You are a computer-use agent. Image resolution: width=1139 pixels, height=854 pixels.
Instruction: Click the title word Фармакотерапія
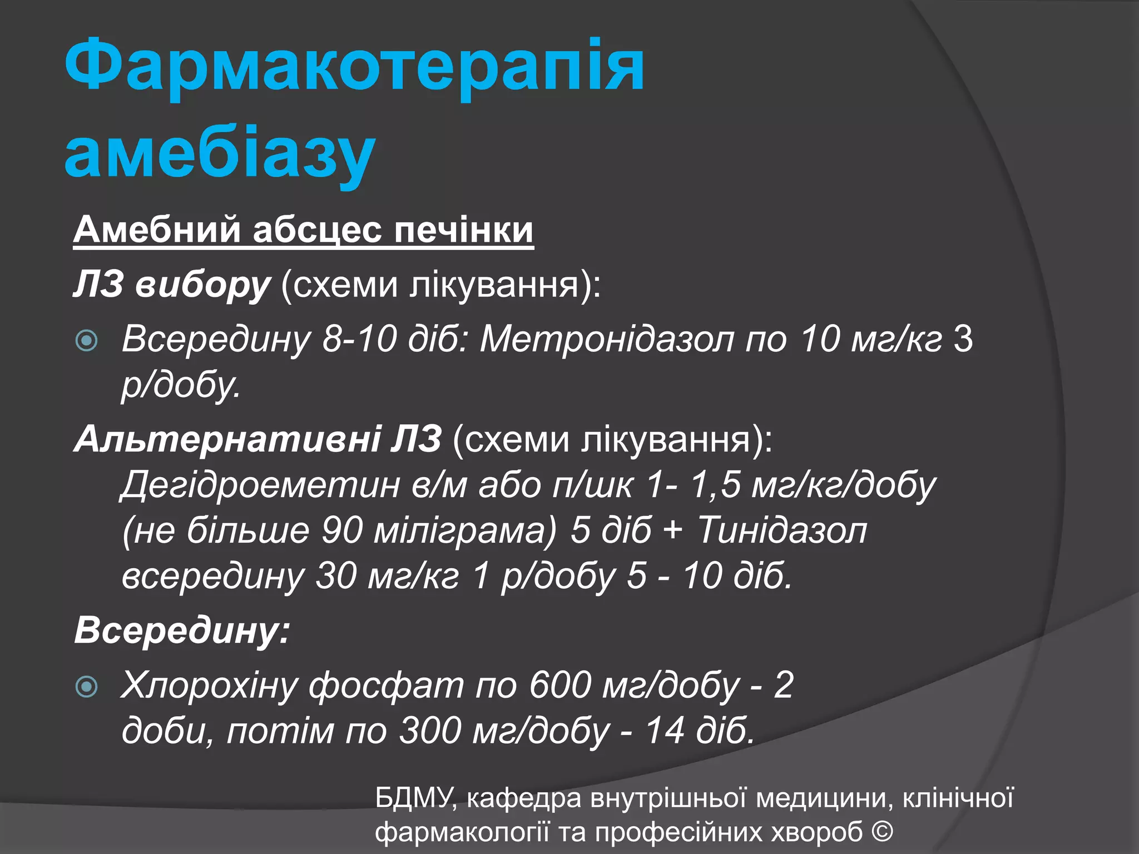tap(354, 66)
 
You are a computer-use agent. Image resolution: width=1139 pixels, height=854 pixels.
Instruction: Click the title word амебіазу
tap(220, 153)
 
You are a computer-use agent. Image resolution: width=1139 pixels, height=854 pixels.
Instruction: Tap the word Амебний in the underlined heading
tap(157, 230)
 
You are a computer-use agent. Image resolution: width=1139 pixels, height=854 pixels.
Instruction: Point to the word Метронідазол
tap(607, 339)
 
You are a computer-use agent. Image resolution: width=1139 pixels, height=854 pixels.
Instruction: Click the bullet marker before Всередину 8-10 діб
tap(87, 340)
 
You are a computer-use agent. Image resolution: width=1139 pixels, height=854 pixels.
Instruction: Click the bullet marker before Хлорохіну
tap(87, 687)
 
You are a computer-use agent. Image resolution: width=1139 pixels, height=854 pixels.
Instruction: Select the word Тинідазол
tap(781, 530)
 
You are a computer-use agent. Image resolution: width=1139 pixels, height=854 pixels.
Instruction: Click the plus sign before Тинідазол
tap(672, 530)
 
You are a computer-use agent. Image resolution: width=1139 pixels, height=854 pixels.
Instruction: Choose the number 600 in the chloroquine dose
tap(559, 685)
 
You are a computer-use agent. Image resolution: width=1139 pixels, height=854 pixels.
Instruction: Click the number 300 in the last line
tap(429, 731)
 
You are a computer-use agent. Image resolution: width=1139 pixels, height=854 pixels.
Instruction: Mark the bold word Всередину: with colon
tap(182, 631)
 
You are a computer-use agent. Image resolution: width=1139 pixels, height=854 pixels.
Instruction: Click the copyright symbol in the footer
tap(882, 832)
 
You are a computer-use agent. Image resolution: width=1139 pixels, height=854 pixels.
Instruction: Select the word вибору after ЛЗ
tap(202, 285)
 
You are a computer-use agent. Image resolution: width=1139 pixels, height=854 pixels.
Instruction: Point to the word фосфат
tap(386, 686)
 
